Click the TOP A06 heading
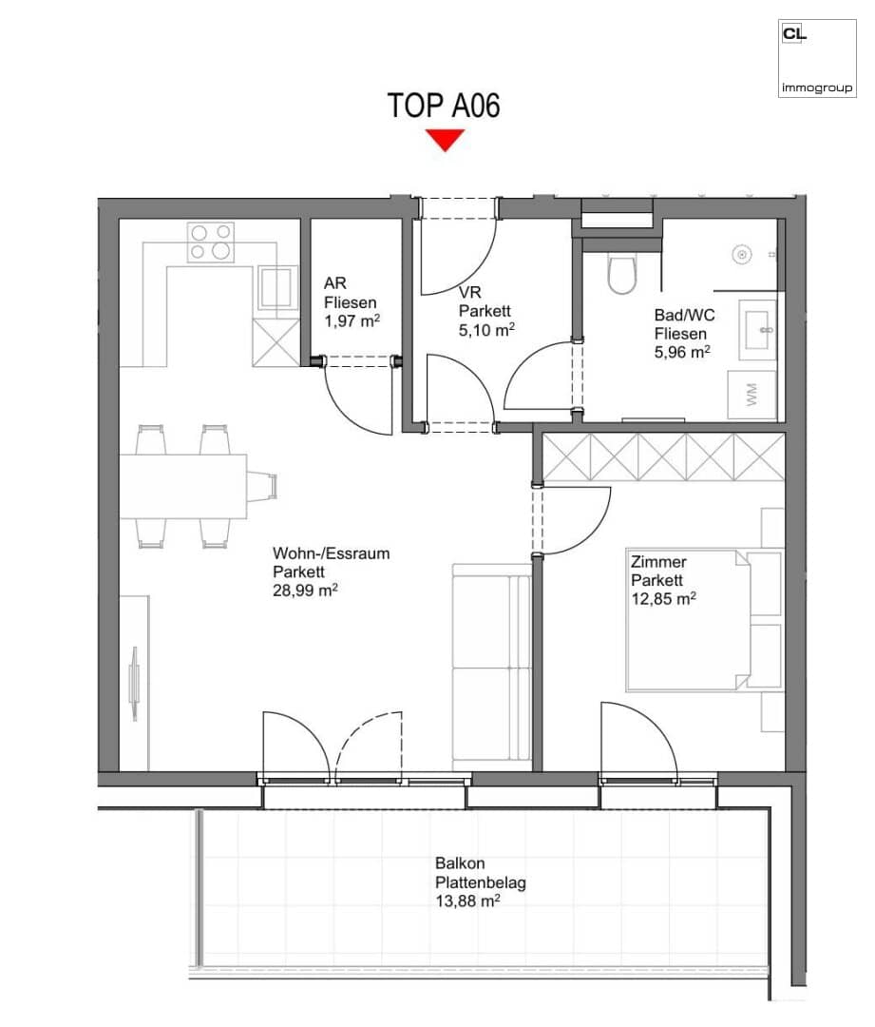click(443, 106)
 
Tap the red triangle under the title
click(445, 140)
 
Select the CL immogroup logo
click(817, 58)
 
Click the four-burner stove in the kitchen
click(211, 242)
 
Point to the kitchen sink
click(277, 287)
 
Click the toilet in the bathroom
click(621, 274)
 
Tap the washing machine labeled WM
click(752, 395)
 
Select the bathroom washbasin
click(758, 329)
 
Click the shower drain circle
click(741, 254)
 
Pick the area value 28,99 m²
click(305, 591)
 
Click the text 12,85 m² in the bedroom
click(663, 599)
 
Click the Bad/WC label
click(684, 315)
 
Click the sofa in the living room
click(491, 668)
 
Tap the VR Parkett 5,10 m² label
click(485, 311)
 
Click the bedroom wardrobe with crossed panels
click(663, 457)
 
